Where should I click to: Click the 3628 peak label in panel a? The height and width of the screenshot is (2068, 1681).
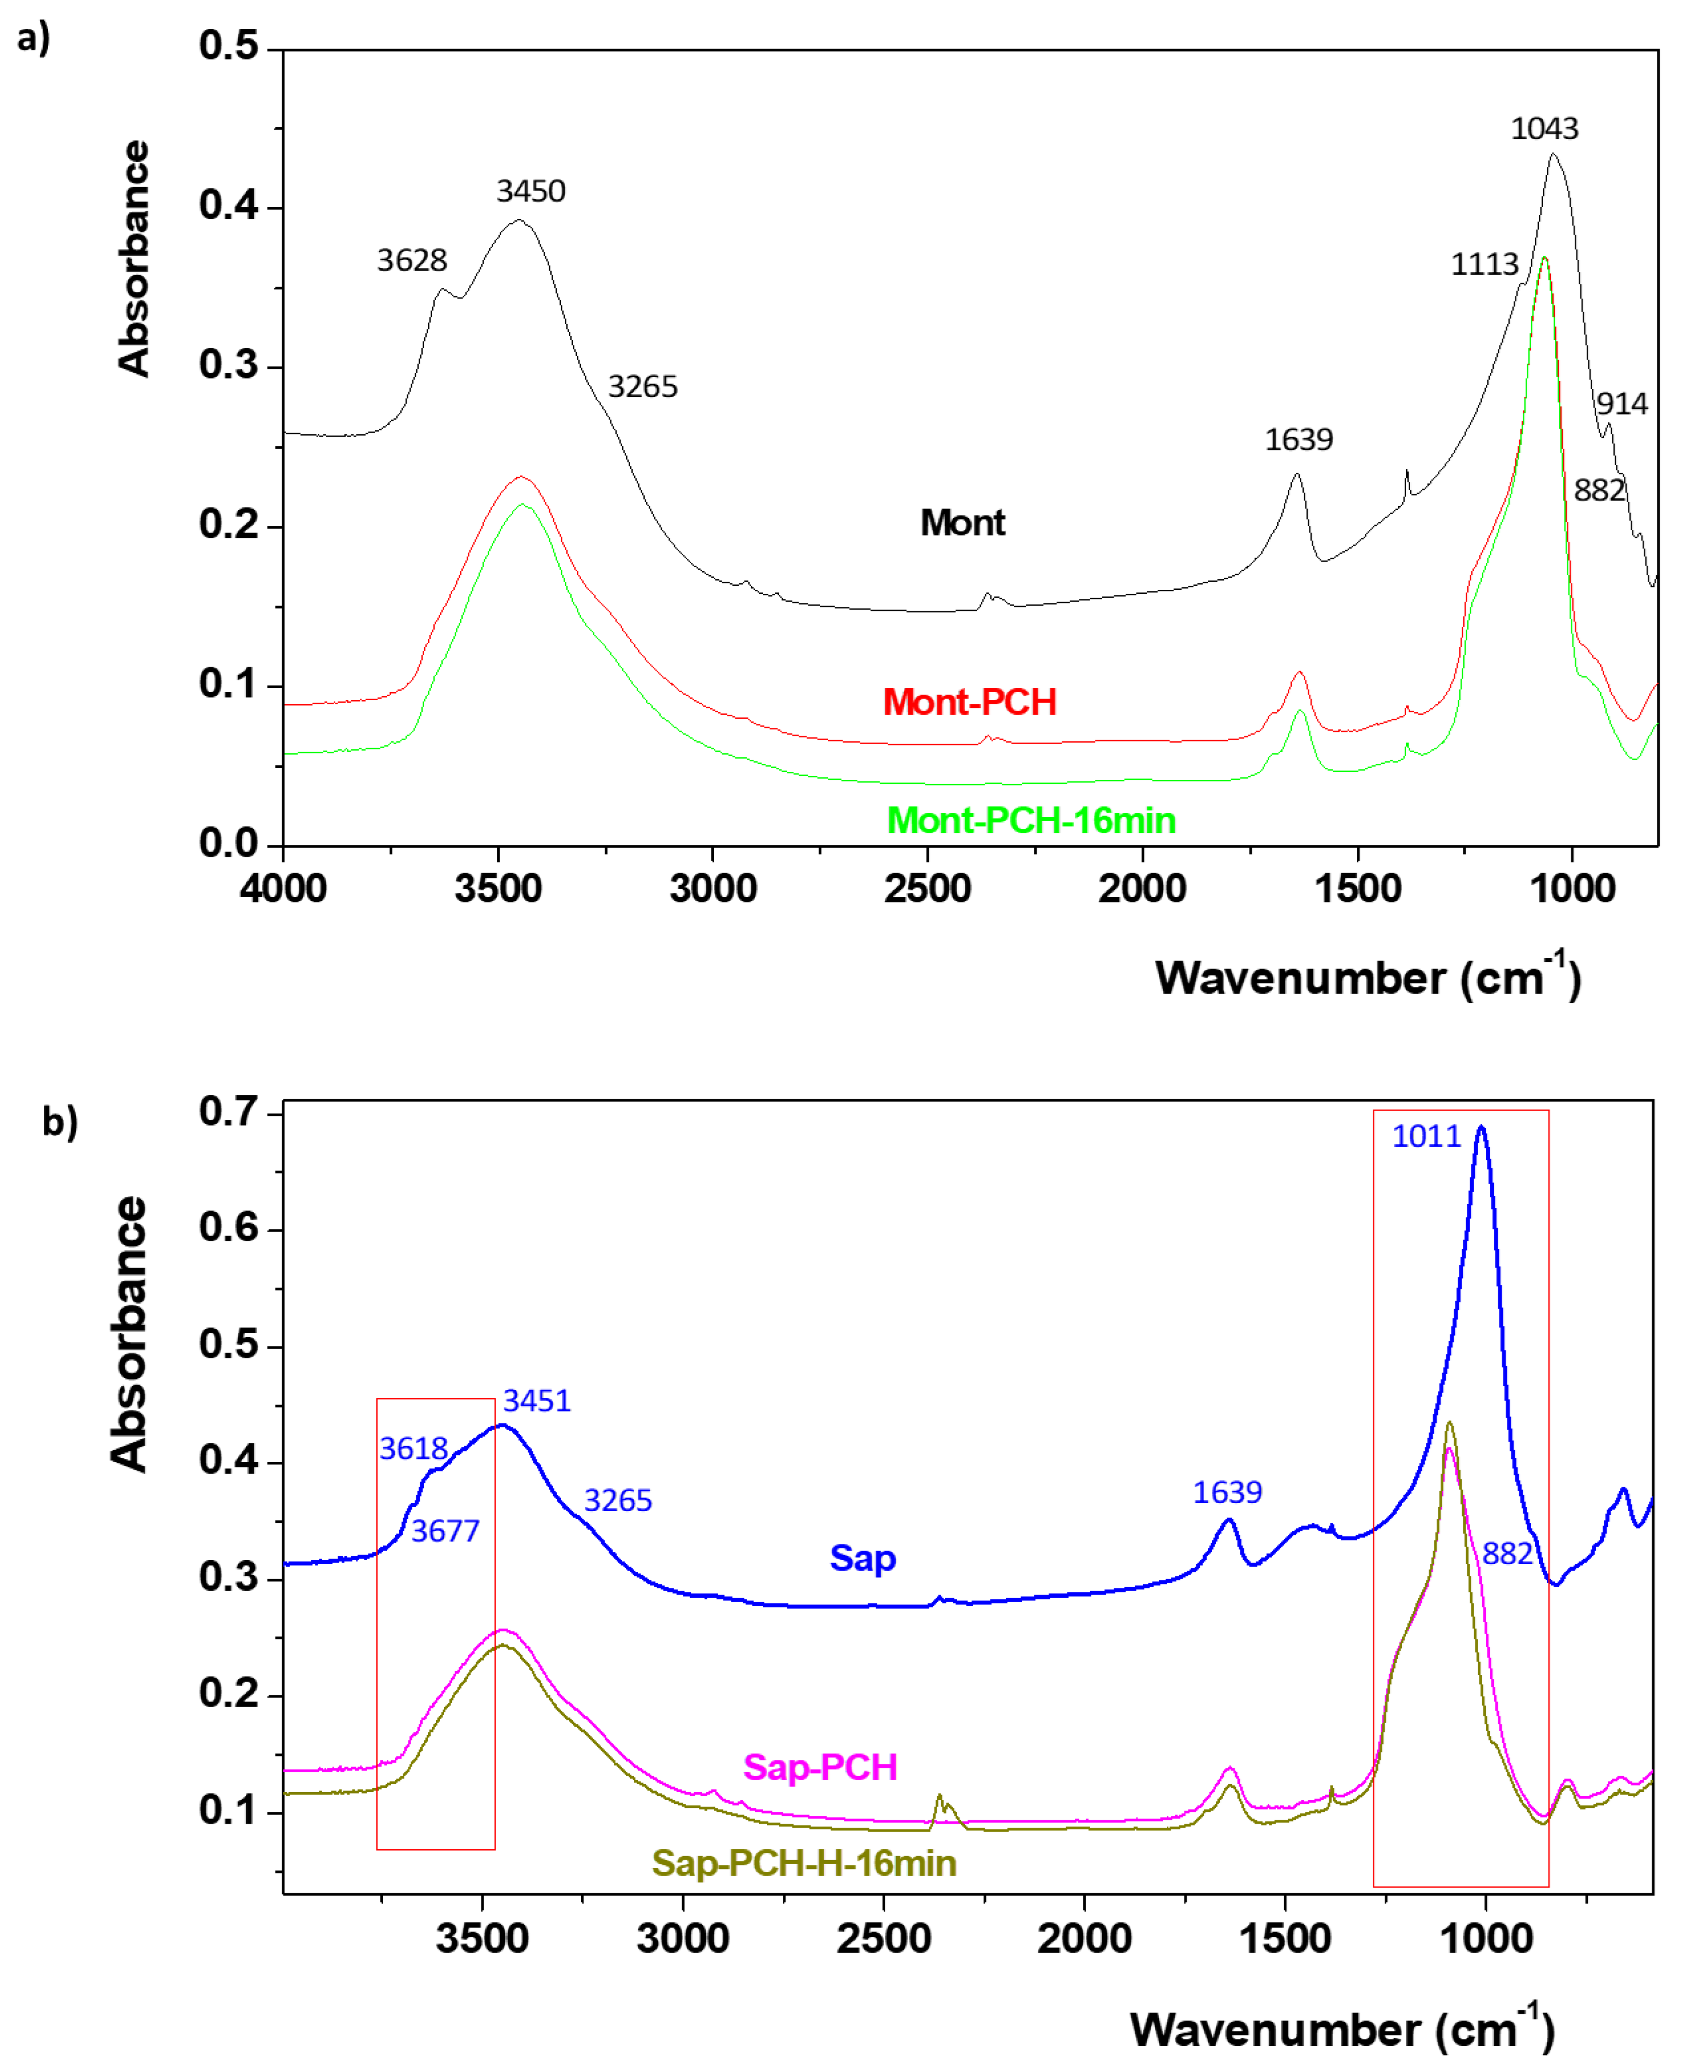click(x=412, y=261)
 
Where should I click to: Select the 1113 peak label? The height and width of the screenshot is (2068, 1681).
click(x=1484, y=264)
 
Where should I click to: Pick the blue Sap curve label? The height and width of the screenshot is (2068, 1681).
click(x=862, y=1558)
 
